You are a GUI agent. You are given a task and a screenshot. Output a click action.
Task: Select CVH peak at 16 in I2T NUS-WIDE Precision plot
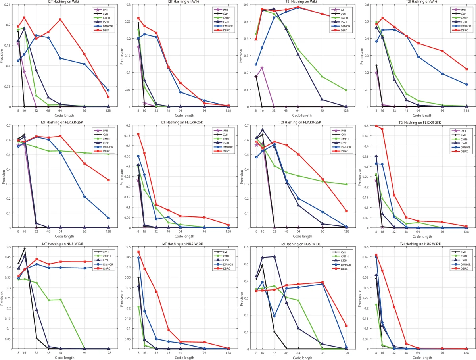(25, 248)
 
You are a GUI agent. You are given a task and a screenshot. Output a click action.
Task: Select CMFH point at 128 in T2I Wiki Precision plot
(346, 90)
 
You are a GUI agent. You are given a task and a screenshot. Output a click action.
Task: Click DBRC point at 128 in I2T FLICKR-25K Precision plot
(108, 180)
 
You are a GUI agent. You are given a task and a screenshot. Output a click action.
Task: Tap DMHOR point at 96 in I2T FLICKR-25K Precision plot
(84, 196)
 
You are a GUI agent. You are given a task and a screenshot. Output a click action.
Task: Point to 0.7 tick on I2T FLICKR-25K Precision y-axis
(10, 125)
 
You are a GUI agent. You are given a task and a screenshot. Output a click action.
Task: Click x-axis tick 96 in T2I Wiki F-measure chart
(442, 111)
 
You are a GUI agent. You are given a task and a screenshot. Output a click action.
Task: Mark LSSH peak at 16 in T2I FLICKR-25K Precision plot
(263, 130)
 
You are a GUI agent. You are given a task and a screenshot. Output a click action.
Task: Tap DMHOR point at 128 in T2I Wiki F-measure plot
(466, 85)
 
